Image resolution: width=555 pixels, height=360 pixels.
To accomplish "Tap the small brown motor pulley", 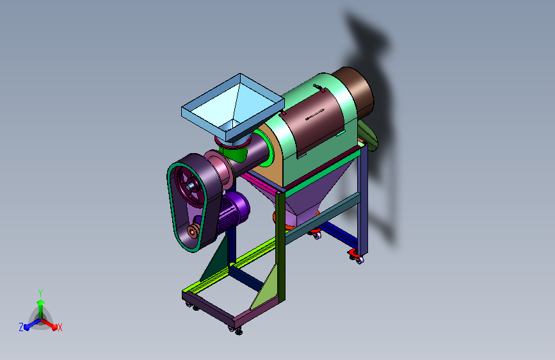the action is (x=193, y=232).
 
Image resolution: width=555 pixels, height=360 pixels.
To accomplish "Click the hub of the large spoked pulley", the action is (x=191, y=185).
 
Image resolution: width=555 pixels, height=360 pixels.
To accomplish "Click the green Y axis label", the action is (x=40, y=293).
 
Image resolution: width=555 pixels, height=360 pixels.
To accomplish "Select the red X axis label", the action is (x=60, y=327).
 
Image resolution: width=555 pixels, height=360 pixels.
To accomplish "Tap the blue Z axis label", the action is (x=21, y=327).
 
